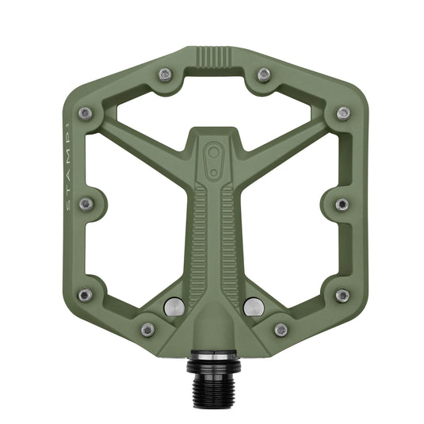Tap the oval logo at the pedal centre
[212, 154]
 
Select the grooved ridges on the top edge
[212, 58]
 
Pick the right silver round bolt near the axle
[253, 305]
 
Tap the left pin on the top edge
[164, 75]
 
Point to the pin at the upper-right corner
[342, 113]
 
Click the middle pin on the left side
[86, 204]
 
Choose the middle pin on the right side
[342, 204]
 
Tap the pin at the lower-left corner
[85, 295]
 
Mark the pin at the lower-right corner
[342, 295]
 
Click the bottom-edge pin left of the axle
[147, 329]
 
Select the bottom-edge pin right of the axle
[281, 329]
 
